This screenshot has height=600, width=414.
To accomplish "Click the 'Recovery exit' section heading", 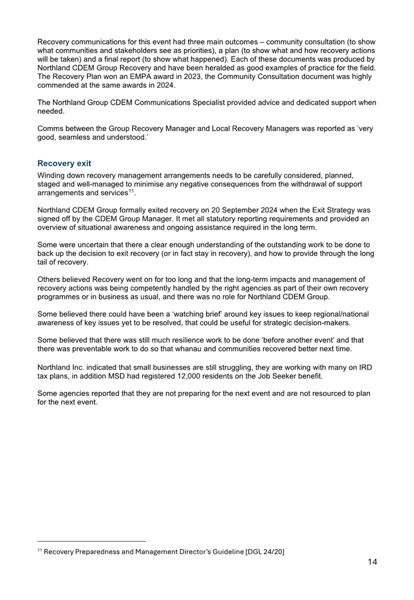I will [x=64, y=163].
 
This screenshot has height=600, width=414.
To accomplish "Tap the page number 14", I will [x=372, y=561].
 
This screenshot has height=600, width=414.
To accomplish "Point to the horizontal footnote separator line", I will [x=91, y=541].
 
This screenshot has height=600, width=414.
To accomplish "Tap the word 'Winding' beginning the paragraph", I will [x=50, y=175].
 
